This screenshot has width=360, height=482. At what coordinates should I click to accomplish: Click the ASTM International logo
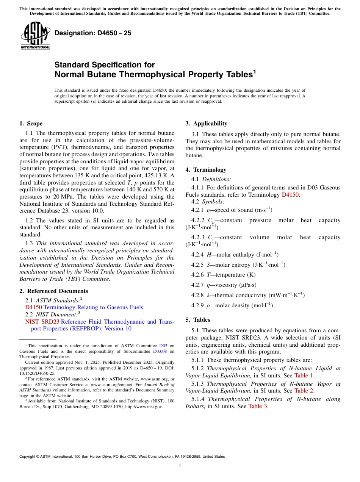pyautogui.click(x=35, y=36)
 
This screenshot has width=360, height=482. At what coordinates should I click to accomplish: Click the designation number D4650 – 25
pyautogui.click(x=93, y=33)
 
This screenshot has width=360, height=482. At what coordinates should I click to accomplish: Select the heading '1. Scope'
pyautogui.click(x=31, y=124)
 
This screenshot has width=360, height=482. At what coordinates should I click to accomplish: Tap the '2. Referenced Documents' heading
pyautogui.click(x=54, y=291)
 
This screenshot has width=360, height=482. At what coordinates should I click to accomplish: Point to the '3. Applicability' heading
pyautogui.click(x=206, y=124)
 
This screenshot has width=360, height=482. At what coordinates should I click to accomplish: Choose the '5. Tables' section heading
pyautogui.click(x=197, y=320)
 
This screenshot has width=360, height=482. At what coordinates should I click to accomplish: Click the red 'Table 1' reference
pyautogui.click(x=304, y=376)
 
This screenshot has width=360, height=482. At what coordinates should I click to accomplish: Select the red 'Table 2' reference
pyautogui.click(x=304, y=391)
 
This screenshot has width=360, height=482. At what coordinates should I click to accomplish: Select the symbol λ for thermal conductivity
pyautogui.click(x=208, y=295)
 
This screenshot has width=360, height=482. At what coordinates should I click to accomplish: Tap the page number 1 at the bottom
pyautogui.click(x=180, y=465)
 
